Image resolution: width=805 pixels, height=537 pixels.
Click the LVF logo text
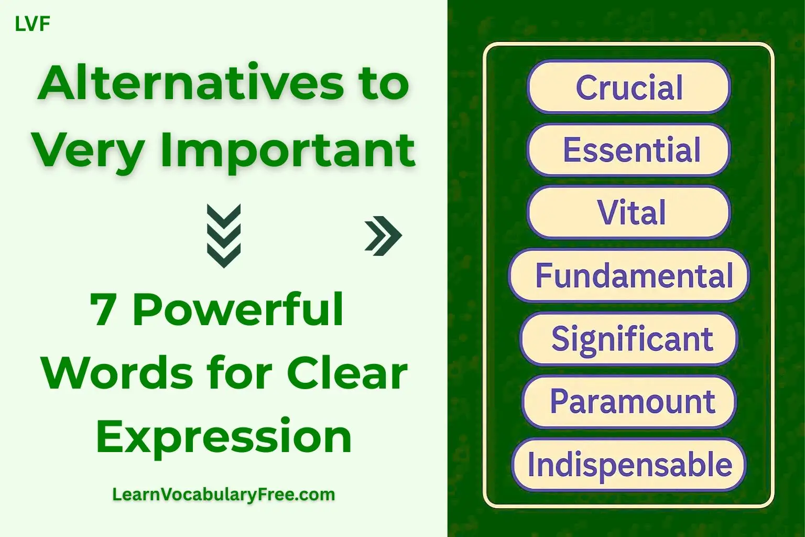click(x=32, y=24)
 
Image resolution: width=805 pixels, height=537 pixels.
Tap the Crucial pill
click(x=628, y=87)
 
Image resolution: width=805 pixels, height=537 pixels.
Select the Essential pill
click(x=628, y=150)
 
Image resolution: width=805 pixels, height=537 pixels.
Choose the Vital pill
click(x=628, y=212)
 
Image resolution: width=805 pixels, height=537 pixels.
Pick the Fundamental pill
click(x=628, y=275)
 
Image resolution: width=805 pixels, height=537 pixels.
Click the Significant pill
click(x=628, y=338)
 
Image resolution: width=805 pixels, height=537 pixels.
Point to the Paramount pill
click(x=628, y=402)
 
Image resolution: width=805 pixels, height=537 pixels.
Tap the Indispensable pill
click(x=628, y=465)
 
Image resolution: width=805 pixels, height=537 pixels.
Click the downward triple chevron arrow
click(x=224, y=235)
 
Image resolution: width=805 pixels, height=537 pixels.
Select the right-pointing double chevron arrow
click(x=383, y=235)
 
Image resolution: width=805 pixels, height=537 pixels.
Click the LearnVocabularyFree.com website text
click(x=224, y=494)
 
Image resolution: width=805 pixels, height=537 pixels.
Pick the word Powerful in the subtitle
click(x=238, y=309)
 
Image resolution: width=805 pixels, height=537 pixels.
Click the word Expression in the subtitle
click(x=224, y=437)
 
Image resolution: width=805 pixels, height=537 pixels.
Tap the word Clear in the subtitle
click(x=347, y=373)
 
